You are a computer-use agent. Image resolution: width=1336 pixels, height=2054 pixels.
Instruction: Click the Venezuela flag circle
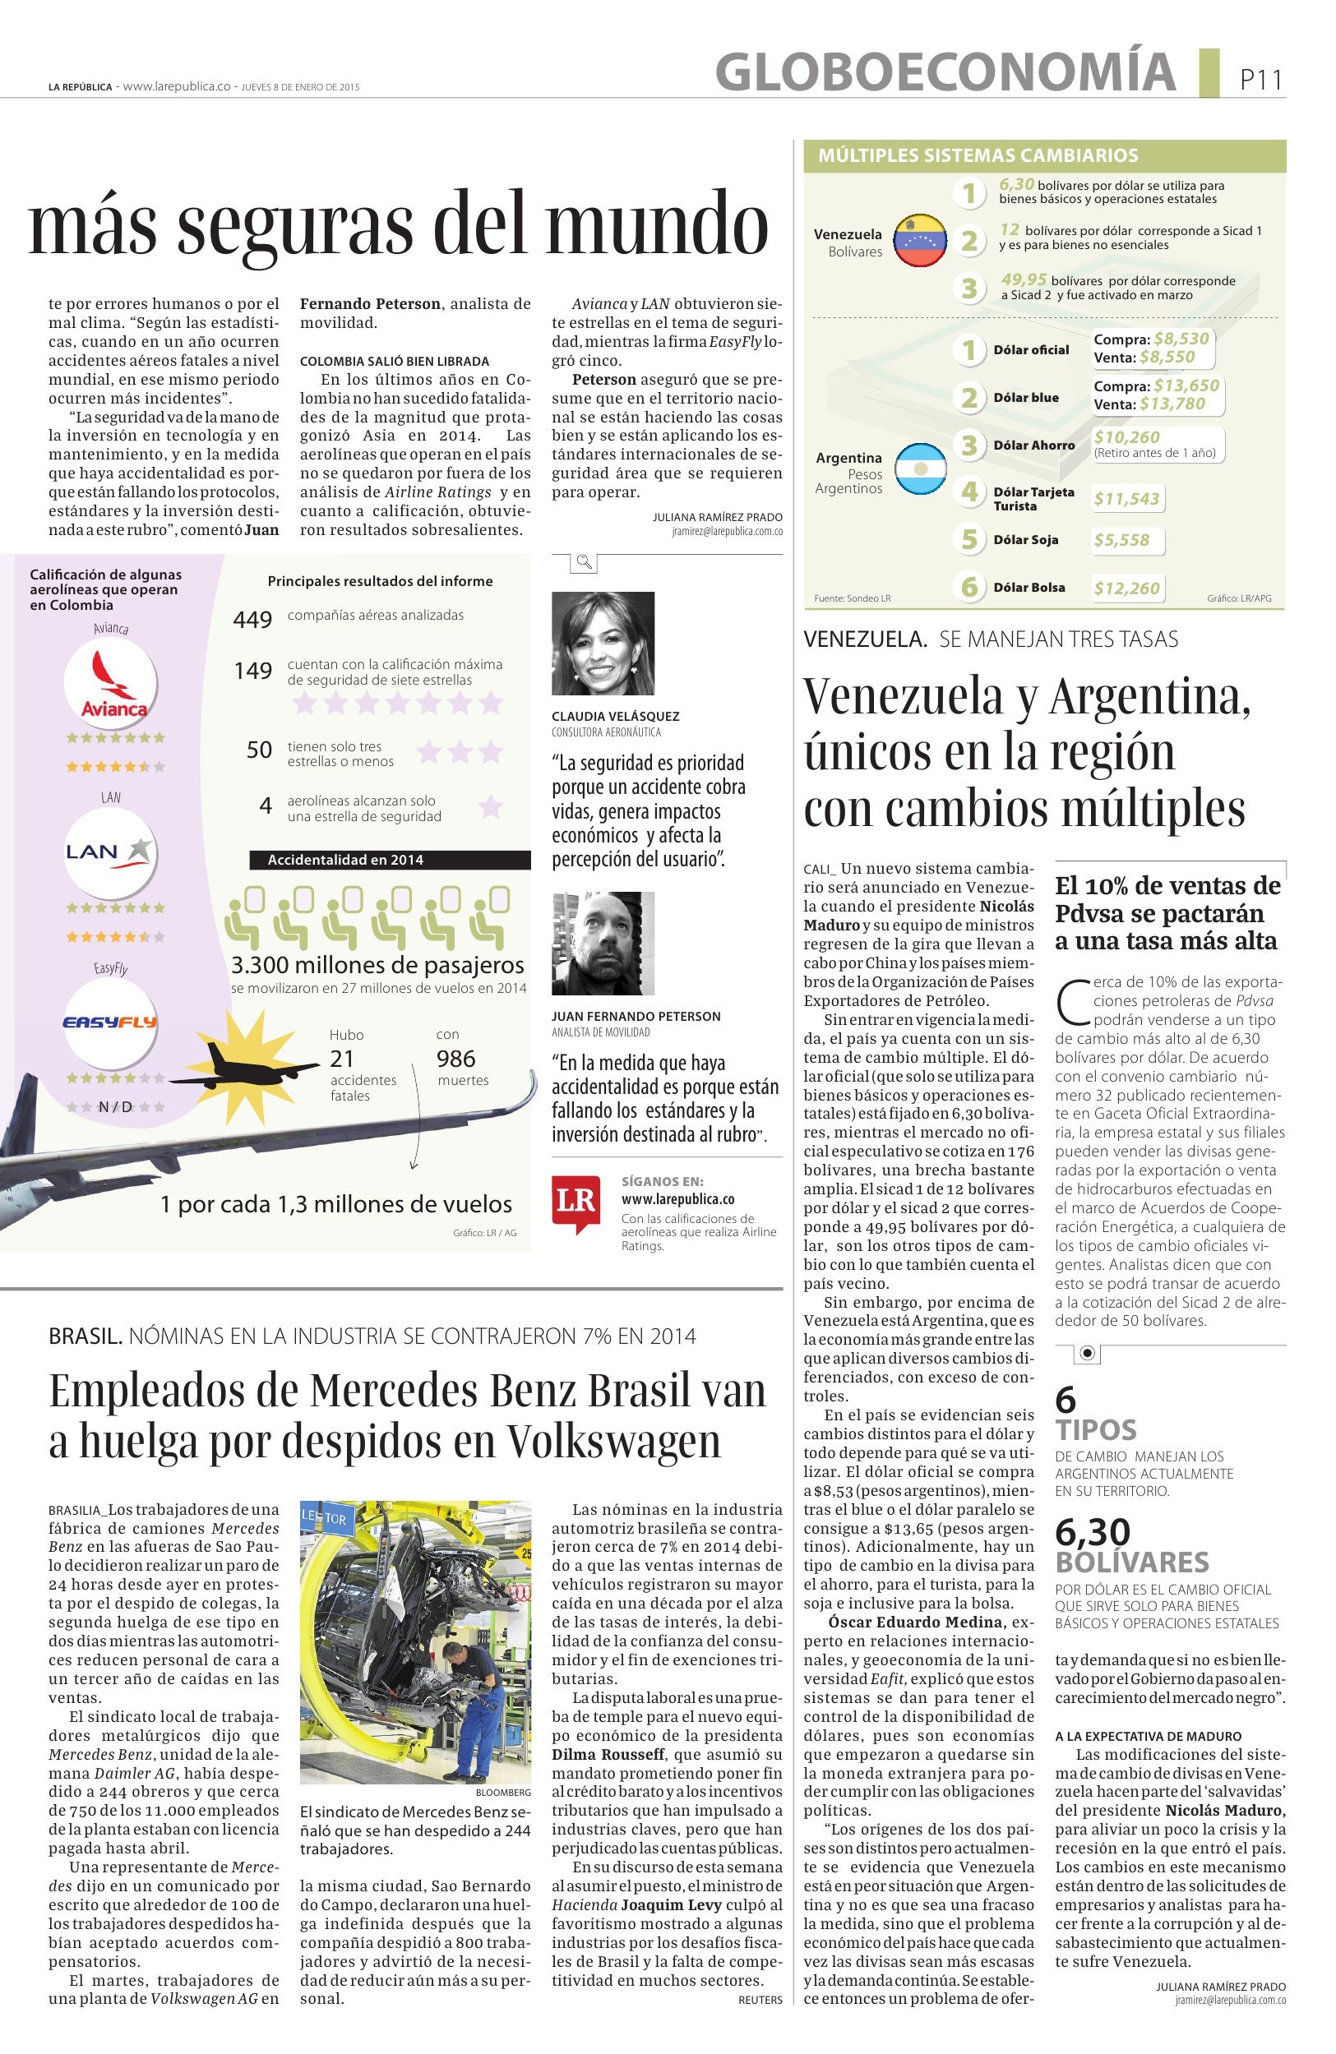click(919, 240)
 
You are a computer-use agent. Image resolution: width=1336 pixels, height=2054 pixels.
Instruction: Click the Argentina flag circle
click(919, 470)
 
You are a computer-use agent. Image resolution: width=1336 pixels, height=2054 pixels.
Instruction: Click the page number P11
click(1261, 81)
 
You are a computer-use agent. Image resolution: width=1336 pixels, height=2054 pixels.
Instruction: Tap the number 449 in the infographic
click(253, 620)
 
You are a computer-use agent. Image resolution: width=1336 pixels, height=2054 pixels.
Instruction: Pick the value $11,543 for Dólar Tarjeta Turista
click(1126, 498)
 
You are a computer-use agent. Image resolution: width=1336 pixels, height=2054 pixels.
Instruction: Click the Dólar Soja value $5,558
click(1121, 540)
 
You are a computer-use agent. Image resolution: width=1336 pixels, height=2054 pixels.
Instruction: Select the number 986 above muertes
click(455, 1059)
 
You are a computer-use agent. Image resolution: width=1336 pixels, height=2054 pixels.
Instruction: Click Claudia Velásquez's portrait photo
click(603, 643)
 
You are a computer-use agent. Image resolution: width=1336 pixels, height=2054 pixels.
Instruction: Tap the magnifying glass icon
click(585, 563)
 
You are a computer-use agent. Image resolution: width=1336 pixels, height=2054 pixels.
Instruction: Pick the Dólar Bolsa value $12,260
click(1126, 589)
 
